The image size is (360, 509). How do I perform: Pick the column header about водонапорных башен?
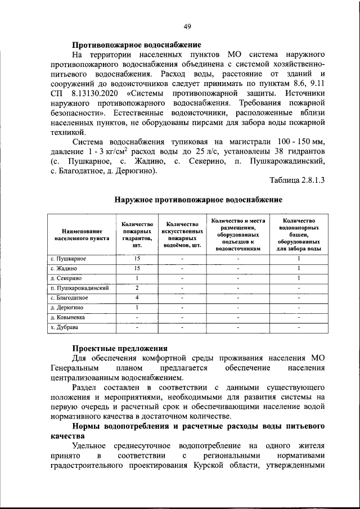click(299, 235)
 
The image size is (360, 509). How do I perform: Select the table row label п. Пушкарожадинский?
click(79, 287)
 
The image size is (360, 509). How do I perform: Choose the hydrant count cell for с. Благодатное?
click(137, 297)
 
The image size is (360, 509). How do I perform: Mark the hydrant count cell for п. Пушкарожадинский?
click(137, 287)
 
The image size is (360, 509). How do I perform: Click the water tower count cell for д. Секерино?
click(299, 278)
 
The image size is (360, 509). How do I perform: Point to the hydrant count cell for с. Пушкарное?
click(137, 258)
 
